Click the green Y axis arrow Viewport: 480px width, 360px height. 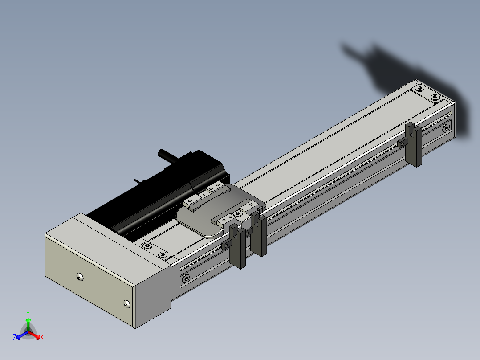[x=28, y=324]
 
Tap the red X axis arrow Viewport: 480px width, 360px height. [x=34, y=335]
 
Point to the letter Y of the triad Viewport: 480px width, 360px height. [x=28, y=314]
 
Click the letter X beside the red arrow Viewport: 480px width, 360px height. [x=42, y=337]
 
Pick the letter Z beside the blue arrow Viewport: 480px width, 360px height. [x=15, y=337]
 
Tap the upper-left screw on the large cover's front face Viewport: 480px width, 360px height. [x=80, y=277]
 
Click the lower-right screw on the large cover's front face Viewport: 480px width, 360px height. [x=127, y=304]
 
